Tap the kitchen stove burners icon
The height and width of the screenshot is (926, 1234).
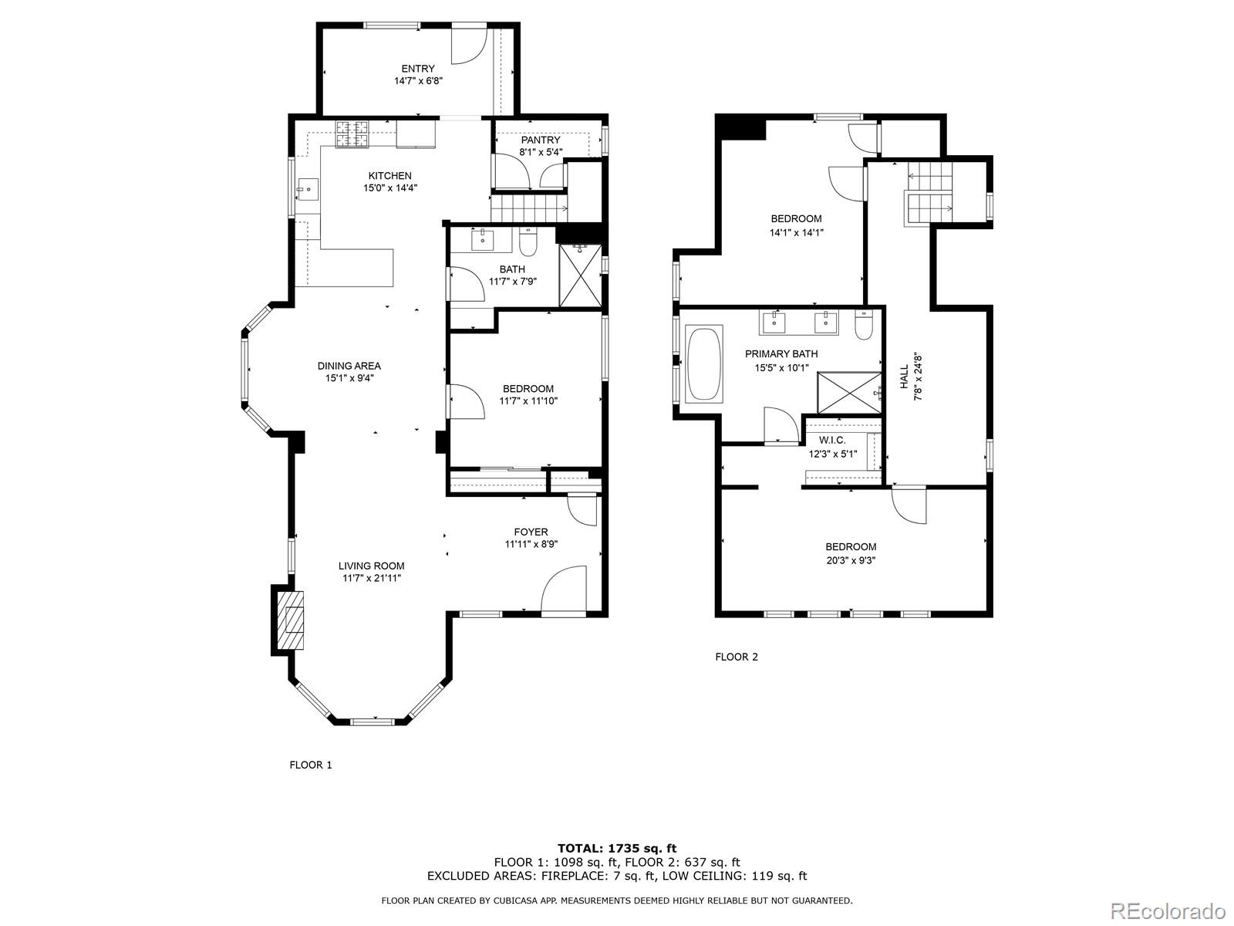(x=352, y=134)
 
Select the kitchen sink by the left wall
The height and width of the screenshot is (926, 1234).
(x=307, y=188)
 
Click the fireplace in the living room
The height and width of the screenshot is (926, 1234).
(x=293, y=620)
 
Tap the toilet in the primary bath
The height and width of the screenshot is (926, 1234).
(x=864, y=326)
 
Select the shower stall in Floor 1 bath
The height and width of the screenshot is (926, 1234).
(x=578, y=275)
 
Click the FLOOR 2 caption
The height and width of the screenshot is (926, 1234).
(x=737, y=657)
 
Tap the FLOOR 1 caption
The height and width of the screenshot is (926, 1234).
(x=310, y=765)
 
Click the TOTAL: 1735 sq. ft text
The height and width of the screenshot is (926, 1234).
(x=617, y=848)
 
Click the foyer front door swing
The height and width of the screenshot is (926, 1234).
(x=565, y=591)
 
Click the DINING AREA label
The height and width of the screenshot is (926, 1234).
(x=349, y=366)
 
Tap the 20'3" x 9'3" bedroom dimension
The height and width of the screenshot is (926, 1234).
(x=851, y=560)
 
